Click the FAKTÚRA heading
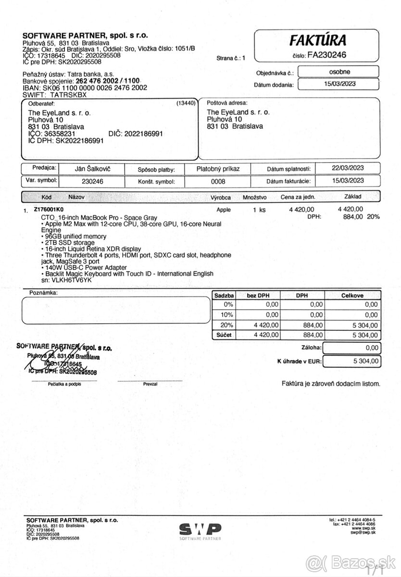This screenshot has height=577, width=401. point(318,40)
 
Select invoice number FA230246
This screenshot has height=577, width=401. point(326,55)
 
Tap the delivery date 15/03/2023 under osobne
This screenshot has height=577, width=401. point(338,84)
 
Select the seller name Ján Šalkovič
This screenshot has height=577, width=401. point(91,169)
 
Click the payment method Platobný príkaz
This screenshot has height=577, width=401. point(218,169)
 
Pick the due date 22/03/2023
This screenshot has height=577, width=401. point(348,168)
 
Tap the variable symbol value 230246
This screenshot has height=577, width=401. point(91,181)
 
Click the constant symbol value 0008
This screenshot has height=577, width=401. point(218,181)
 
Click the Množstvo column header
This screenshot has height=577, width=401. point(255,197)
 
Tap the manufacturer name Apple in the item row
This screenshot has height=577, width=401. point(224,210)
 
